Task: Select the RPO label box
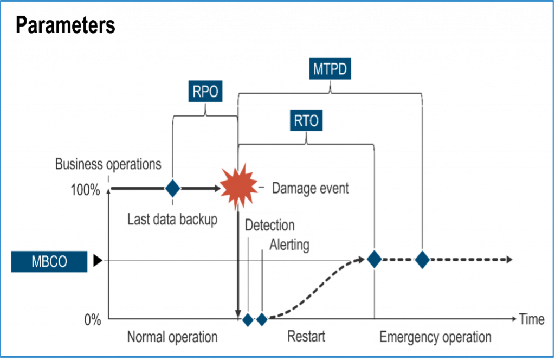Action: click(206, 92)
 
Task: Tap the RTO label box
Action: click(306, 121)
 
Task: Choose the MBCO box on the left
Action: click(49, 262)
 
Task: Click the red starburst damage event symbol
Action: click(238, 187)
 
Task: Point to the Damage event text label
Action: click(310, 189)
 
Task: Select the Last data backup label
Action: click(172, 219)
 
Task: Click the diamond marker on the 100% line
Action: click(172, 188)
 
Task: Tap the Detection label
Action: click(269, 225)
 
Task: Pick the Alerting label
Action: click(289, 245)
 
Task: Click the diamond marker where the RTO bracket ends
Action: click(375, 260)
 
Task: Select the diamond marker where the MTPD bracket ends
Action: click(422, 260)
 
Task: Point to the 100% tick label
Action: click(85, 190)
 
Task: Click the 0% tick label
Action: click(92, 320)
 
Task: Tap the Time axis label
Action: click(531, 320)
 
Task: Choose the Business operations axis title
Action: click(108, 164)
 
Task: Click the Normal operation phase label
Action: click(172, 337)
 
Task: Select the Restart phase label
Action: click(306, 336)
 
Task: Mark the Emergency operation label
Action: click(435, 337)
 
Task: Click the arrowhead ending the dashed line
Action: click(509, 260)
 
